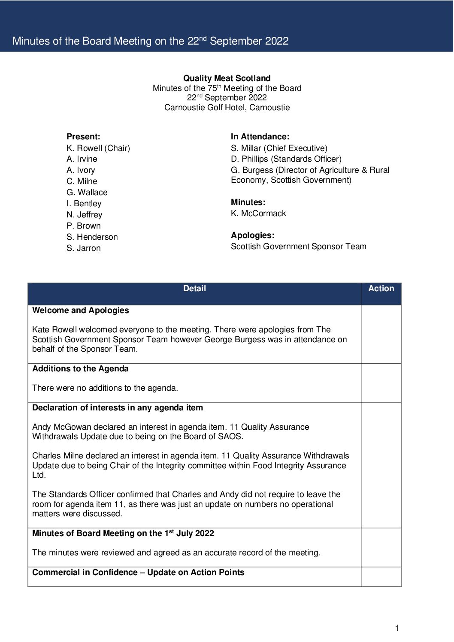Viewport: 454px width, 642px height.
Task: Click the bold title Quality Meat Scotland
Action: [x=227, y=78]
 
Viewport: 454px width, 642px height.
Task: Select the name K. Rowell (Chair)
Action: [x=98, y=148]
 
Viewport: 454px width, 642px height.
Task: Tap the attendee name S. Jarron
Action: [x=84, y=248]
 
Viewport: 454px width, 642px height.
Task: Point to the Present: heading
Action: [x=83, y=137]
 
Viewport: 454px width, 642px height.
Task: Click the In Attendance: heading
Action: [x=260, y=137]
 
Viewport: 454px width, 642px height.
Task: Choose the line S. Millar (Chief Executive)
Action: [x=279, y=148]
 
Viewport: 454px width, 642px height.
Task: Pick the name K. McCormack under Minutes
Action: [x=258, y=214]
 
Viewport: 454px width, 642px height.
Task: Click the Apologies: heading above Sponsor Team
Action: [x=252, y=235]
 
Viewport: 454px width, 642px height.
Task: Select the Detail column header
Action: [x=194, y=289]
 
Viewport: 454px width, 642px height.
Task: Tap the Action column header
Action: [x=381, y=289]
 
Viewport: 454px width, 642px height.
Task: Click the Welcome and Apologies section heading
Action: [x=81, y=310]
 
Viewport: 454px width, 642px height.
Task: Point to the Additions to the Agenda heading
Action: [x=80, y=369]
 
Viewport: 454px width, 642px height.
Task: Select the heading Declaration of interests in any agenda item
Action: [x=118, y=408]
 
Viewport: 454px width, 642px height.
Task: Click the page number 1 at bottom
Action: [x=397, y=628]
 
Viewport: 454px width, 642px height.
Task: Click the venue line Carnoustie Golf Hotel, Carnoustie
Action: [x=227, y=108]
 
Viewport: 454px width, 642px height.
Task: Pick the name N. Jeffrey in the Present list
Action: [x=85, y=215]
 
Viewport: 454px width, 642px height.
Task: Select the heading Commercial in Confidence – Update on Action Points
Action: [x=138, y=573]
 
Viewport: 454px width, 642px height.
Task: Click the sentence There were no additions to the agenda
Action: [x=105, y=388]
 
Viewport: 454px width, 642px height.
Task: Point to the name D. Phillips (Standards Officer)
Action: [x=286, y=159]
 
